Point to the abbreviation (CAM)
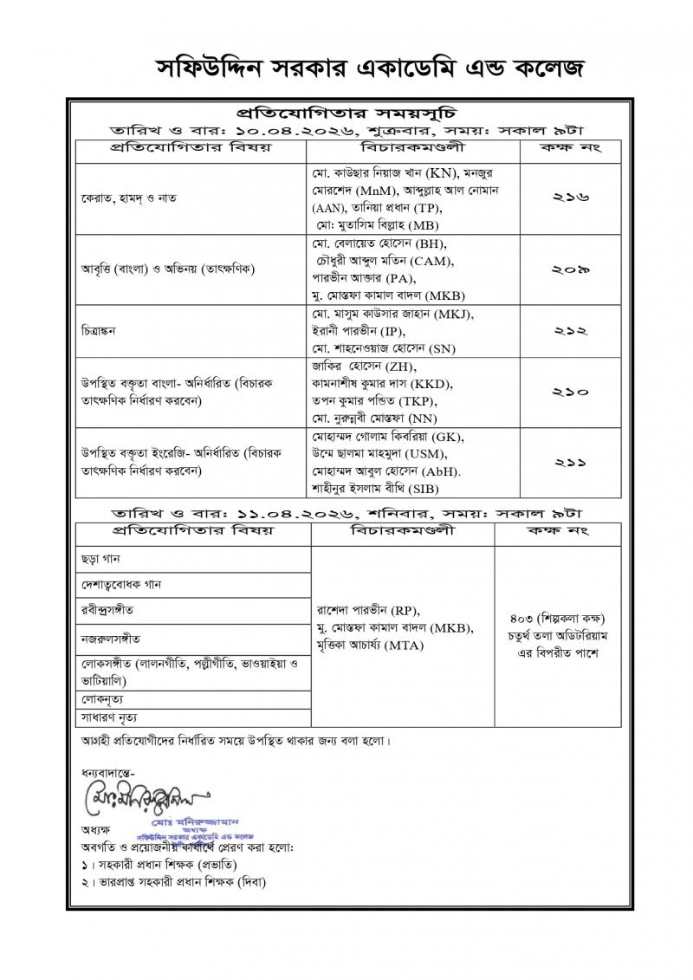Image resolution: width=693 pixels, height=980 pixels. point(432,260)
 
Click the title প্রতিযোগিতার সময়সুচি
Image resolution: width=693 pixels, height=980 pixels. point(346,113)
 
